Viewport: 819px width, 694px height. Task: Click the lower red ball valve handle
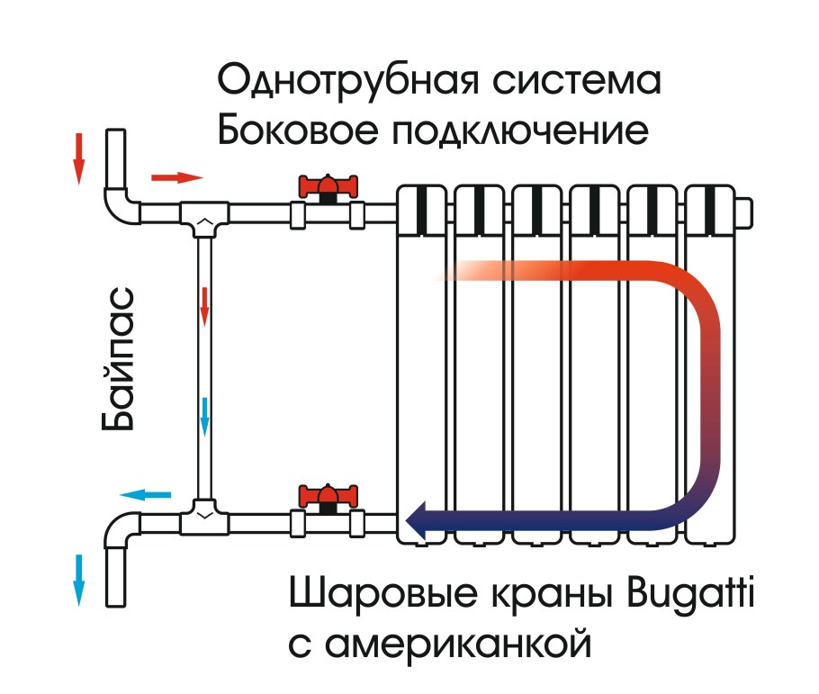click(x=328, y=495)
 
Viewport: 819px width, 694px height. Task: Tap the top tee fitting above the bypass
click(x=205, y=216)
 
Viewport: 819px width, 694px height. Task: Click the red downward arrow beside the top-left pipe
click(x=79, y=158)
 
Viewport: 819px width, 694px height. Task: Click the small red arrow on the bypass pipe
click(x=204, y=306)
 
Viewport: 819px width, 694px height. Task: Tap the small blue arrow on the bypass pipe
click(x=204, y=414)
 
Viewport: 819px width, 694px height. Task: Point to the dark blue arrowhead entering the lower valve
click(x=419, y=518)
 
